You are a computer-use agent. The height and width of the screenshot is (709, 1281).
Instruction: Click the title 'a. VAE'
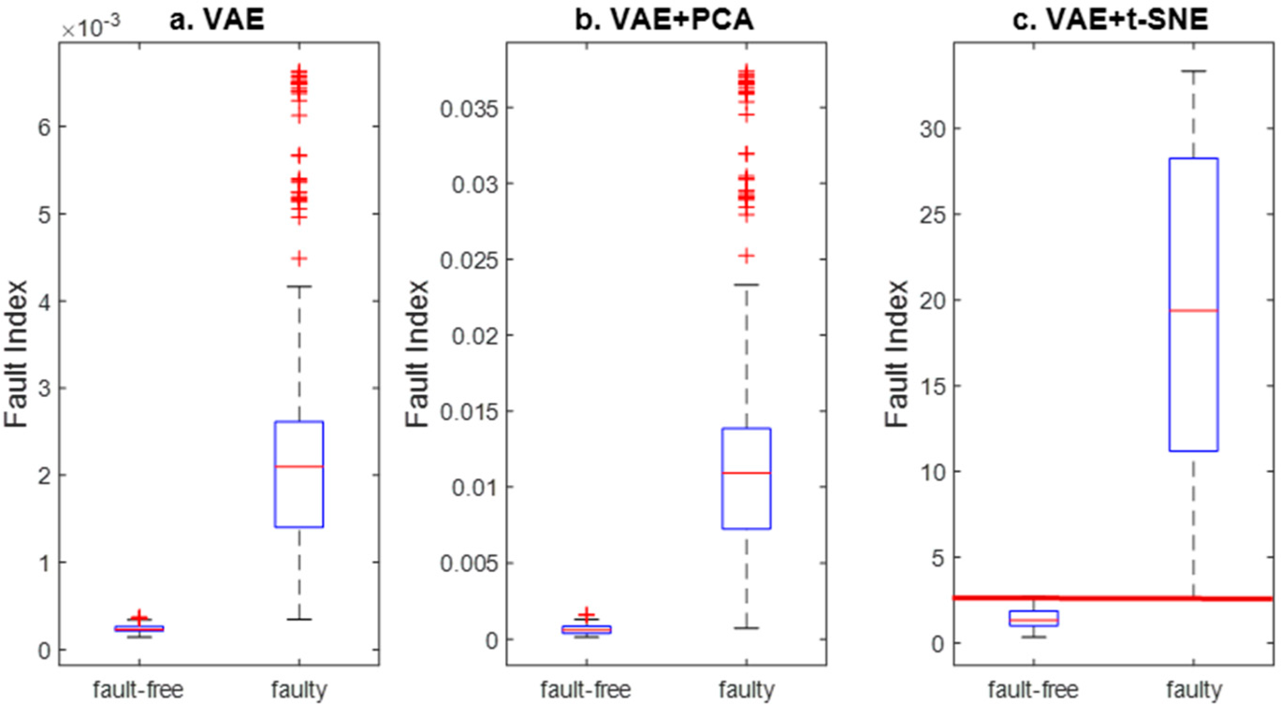(x=216, y=21)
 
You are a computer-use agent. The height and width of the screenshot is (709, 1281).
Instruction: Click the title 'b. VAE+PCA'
(x=664, y=21)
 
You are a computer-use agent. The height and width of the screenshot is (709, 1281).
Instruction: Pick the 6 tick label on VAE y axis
(x=45, y=127)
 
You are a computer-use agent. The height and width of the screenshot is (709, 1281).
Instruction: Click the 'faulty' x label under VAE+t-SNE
(x=1194, y=690)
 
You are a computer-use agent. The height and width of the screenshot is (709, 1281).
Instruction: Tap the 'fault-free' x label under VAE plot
(x=138, y=690)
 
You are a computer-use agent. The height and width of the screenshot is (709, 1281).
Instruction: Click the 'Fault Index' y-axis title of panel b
(x=417, y=354)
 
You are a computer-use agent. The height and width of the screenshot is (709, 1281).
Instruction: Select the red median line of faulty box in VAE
(x=299, y=466)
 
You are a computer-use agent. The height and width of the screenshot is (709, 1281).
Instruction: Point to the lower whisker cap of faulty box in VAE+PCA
(x=746, y=628)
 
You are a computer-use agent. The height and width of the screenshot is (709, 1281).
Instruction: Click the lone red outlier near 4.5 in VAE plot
(x=299, y=258)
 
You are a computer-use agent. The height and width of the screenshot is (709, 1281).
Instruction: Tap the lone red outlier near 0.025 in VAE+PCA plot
(x=746, y=255)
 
